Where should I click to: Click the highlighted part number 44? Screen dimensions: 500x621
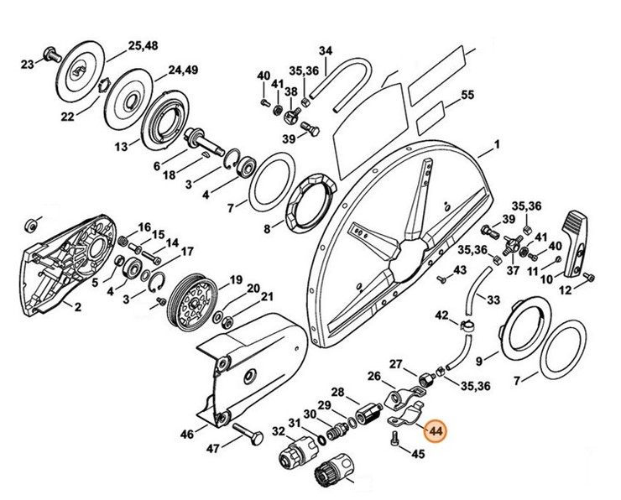(435, 432)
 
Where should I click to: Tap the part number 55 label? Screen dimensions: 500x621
(468, 96)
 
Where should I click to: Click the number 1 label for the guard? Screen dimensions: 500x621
(496, 145)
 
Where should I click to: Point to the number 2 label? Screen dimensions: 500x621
(76, 308)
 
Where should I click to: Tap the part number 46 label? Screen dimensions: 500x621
(187, 434)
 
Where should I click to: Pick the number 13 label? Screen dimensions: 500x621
(121, 145)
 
